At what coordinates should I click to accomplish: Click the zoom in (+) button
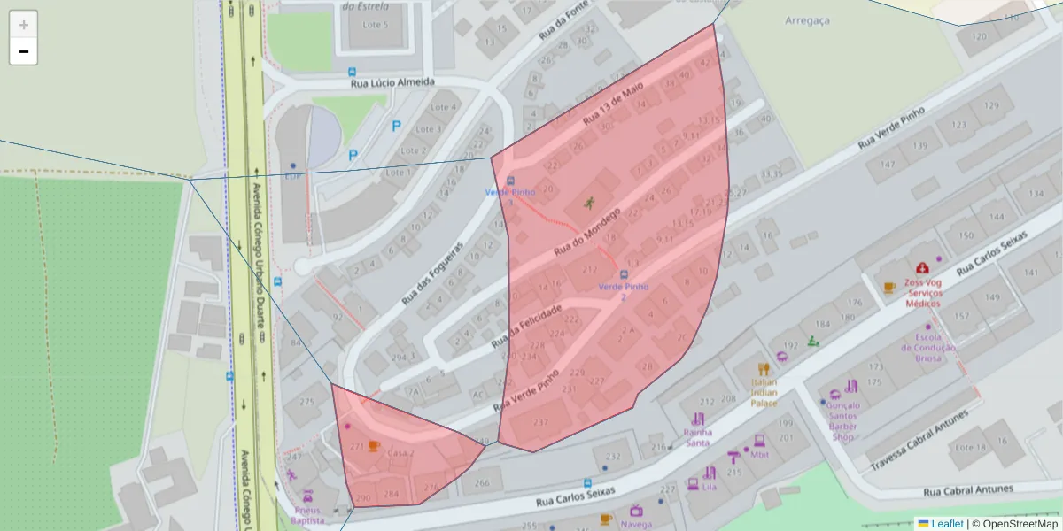point(23,25)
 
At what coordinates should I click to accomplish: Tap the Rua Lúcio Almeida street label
point(392,82)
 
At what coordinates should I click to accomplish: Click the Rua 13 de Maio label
point(612,106)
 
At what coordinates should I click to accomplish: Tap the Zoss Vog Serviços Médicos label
point(923,292)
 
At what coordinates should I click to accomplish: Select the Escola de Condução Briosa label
point(928,348)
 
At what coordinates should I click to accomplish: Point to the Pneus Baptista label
point(307,515)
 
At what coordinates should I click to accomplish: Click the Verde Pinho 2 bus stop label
point(624,291)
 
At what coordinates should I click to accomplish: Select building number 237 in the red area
point(541,422)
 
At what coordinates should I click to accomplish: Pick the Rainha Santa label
point(698,437)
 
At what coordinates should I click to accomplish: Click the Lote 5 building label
point(375,24)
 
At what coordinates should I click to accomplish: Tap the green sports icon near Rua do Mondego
point(589,203)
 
